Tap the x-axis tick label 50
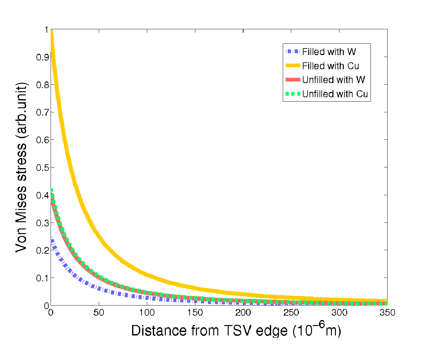99,312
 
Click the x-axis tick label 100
147,312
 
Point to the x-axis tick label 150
195,312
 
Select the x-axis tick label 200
243,312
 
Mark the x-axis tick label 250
291,312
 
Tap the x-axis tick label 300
339,312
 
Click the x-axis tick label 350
387,312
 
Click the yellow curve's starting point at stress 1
52,31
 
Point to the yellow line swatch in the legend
293,66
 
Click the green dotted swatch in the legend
293,94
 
